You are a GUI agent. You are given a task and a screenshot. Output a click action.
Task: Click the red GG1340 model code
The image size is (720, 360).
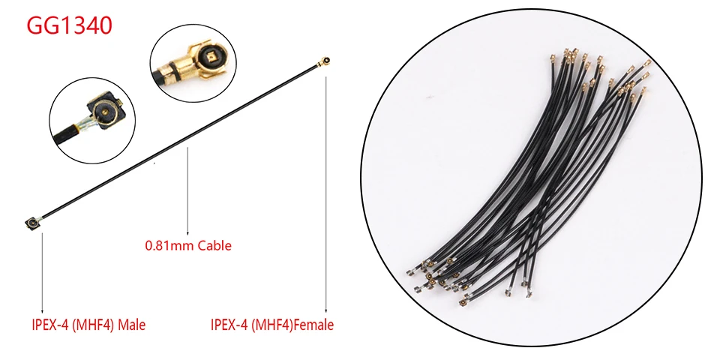pos(69,25)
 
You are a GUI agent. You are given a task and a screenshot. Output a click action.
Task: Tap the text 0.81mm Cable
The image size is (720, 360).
pos(187,245)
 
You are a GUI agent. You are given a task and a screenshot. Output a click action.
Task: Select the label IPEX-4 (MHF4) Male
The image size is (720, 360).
pos(88,325)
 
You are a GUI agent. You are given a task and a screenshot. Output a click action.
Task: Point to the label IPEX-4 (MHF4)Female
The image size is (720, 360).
pos(271,325)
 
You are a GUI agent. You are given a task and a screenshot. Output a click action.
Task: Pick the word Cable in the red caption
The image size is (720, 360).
pos(214,245)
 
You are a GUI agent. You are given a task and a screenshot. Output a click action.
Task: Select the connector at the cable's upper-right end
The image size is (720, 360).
pos(326,60)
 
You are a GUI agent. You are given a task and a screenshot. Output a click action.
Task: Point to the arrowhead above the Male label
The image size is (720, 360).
pos(43,311)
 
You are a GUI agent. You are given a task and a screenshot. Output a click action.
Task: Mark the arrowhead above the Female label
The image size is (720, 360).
pos(326,311)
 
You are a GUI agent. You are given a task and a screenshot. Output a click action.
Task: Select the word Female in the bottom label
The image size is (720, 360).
pos(313,325)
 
